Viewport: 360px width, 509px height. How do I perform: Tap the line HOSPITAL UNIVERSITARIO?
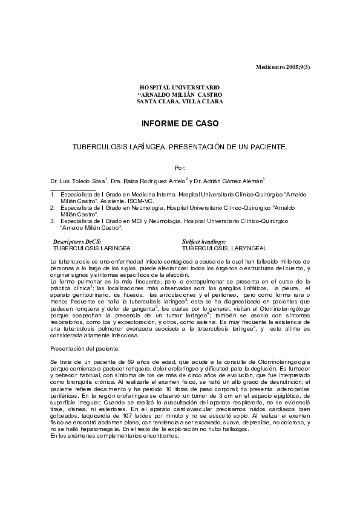pyautogui.click(x=180, y=88)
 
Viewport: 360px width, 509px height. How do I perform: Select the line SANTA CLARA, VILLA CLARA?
pyautogui.click(x=180, y=102)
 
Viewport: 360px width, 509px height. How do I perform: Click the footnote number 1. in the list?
pyautogui.click(x=53, y=194)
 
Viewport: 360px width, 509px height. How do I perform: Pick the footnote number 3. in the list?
pyautogui.click(x=53, y=221)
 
